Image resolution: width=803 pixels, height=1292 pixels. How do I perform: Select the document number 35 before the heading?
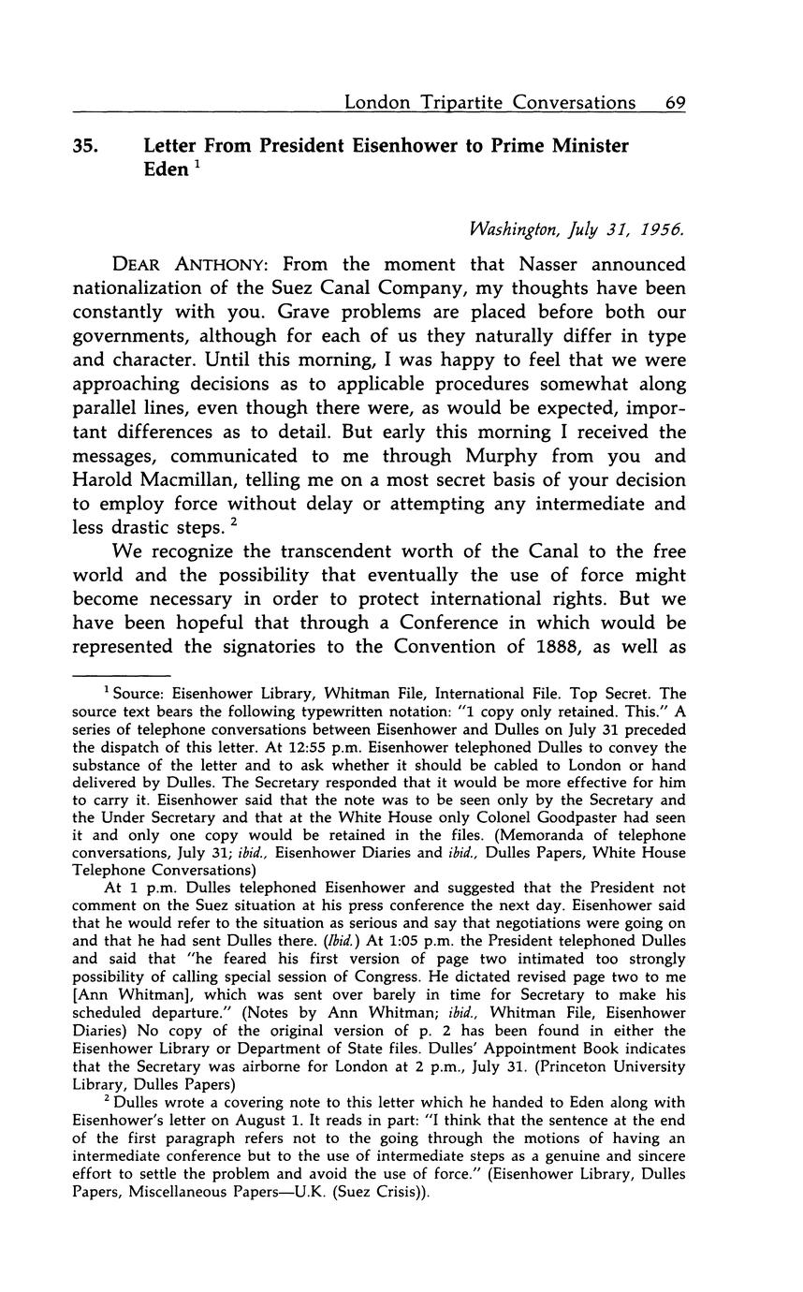pyautogui.click(x=85, y=147)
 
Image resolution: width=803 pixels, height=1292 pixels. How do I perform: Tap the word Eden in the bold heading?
pyautogui.click(x=166, y=171)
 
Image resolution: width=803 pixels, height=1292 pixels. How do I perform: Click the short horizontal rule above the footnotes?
pyautogui.click(x=121, y=674)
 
